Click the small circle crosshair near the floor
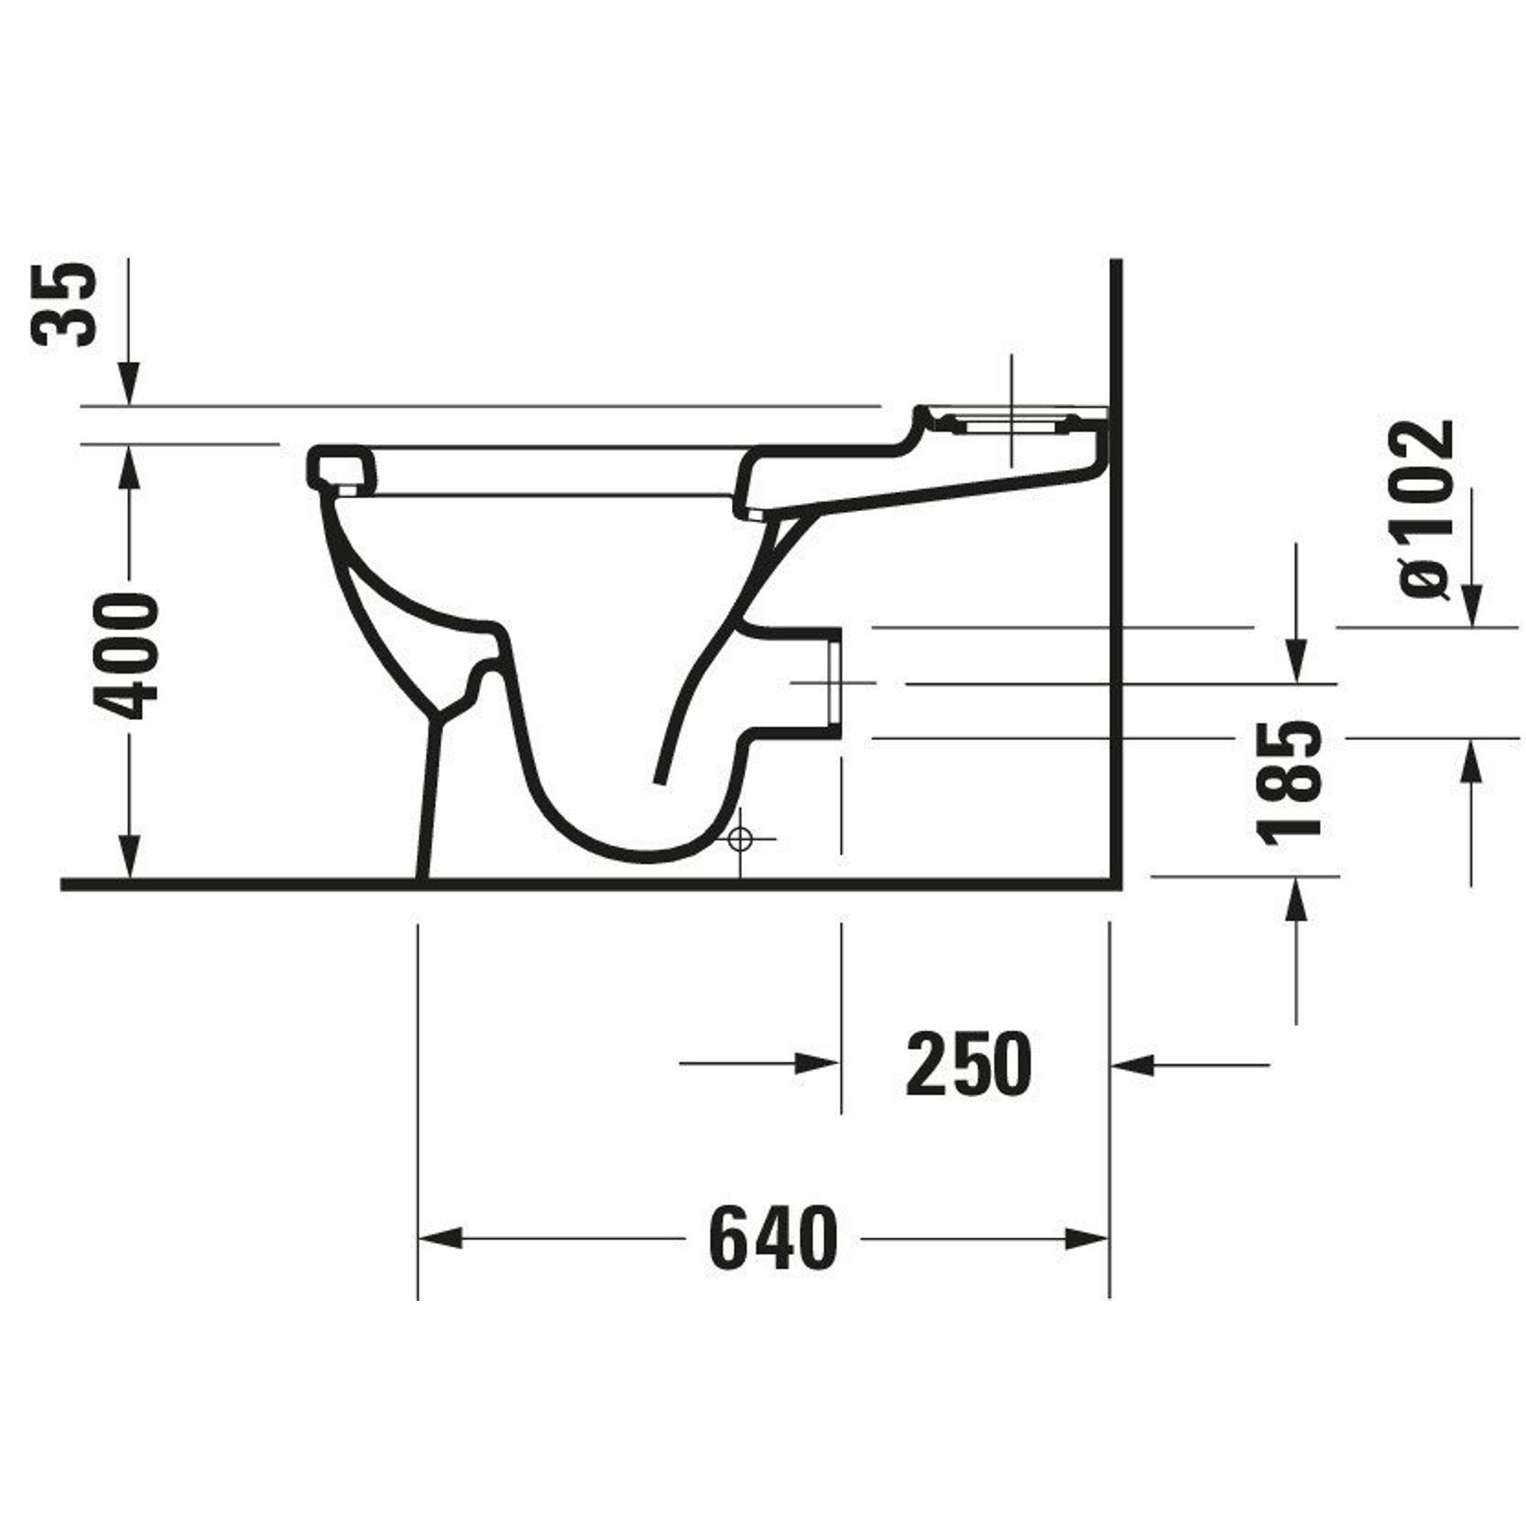pos(739,839)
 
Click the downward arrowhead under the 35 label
pos(130,384)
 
